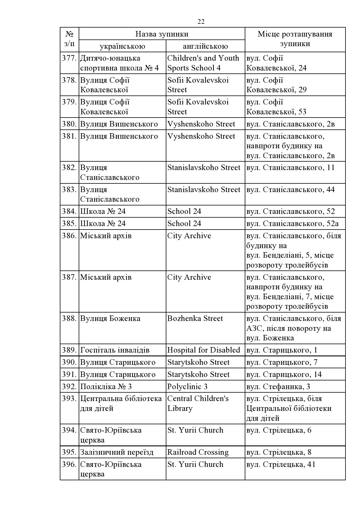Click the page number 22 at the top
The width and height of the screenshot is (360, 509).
pos(201,22)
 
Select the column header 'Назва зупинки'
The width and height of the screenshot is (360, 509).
pos(162,34)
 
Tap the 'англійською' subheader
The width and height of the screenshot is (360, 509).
pos(205,46)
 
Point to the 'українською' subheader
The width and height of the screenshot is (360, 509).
pos(122,46)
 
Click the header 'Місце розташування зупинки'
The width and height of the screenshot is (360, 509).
pos(295,39)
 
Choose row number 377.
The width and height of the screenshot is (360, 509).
pos(69,58)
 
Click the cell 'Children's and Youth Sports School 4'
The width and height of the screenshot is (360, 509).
pos(203,63)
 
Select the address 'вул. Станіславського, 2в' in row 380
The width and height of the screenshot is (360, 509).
pos(290,124)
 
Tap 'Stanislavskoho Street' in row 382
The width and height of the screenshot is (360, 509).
pos(204,168)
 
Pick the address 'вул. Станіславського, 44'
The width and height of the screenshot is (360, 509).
pos(290,190)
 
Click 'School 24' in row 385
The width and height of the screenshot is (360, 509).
pos(184,224)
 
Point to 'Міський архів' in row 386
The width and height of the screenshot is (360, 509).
pos(106,236)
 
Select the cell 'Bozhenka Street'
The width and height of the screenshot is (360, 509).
pos(195,319)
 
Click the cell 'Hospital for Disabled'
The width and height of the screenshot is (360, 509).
pos(204,350)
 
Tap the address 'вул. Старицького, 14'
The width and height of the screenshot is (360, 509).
pos(284,375)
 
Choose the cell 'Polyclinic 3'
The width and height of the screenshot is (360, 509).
pos(187,387)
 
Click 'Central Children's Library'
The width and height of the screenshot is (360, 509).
pos(198,404)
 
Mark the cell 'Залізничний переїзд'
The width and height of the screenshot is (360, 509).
pos(117,452)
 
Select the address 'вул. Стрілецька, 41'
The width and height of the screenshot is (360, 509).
pos(281,465)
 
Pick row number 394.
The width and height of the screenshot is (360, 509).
pos(69,430)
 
